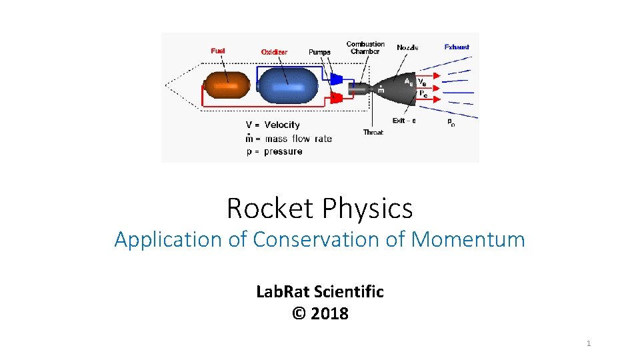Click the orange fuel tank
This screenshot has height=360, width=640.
227,86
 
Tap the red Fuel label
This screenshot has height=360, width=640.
218,51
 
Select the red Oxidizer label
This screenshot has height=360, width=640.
274,52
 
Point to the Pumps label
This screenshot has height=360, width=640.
319,52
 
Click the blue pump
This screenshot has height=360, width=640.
337,79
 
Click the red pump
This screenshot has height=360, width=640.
337,98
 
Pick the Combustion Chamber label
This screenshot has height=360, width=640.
365,48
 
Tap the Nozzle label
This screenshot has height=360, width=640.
408,47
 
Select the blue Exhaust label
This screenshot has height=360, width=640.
457,47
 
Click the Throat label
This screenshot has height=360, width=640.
373,132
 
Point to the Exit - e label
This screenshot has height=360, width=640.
404,121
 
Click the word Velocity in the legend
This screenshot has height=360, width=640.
282,125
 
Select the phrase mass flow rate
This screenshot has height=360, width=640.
298,139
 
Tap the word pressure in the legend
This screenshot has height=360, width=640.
283,151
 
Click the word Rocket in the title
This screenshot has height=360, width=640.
269,209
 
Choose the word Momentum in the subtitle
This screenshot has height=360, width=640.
467,239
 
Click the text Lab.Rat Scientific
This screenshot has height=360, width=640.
320,291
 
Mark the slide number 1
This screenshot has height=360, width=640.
589,343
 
